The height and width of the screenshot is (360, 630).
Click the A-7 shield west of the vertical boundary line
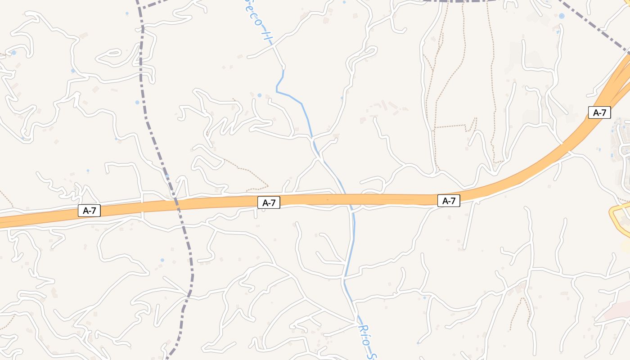89,210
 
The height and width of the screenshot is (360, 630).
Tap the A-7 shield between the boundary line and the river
269,203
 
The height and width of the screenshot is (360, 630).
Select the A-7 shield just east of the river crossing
449,201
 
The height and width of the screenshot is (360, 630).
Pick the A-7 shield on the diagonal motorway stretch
599,112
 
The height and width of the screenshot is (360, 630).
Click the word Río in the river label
364,334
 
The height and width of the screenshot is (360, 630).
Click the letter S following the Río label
371,356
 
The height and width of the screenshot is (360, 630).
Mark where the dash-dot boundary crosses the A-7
176,203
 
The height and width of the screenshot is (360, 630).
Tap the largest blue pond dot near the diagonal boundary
562,16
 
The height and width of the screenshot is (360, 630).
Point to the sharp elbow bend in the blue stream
277,92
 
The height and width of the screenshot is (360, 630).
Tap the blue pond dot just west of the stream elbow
259,95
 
